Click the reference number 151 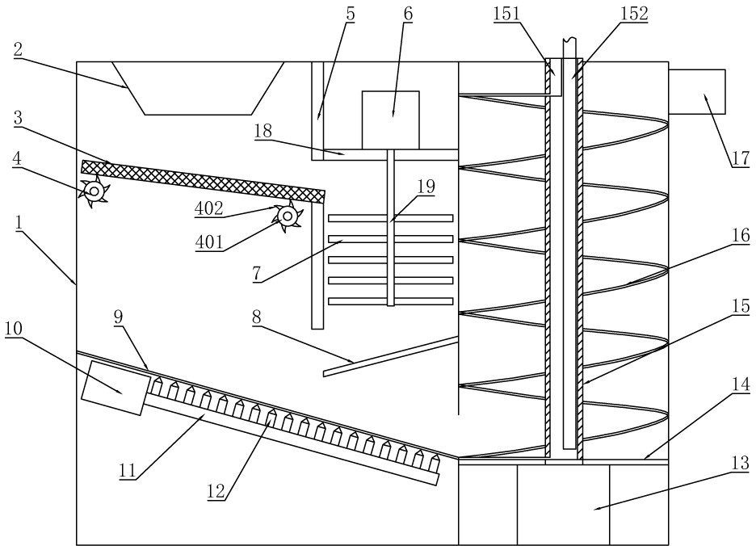506,14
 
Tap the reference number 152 634,14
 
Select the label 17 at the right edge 740,157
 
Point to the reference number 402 208,208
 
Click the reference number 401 209,241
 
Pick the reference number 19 426,187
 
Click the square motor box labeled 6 391,120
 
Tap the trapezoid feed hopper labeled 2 198,88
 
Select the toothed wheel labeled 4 94,192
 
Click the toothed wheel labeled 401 288,216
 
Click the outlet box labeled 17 697,91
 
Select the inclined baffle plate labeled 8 391,356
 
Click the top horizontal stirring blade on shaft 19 391,218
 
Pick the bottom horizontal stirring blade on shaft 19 391,301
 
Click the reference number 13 741,463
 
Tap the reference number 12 216,491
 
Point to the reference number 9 119,317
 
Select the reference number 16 741,235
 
